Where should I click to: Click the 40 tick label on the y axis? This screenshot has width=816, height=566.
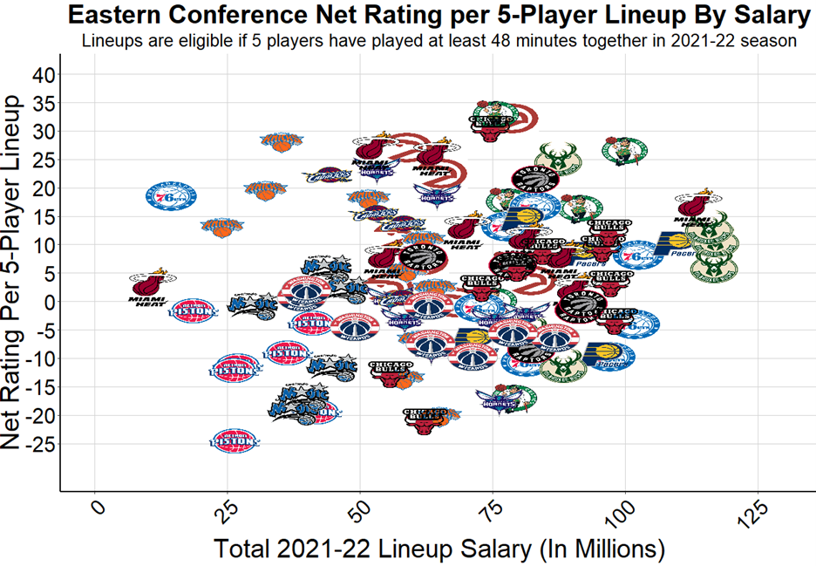(x=44, y=75)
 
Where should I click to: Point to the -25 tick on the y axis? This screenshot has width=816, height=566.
(x=38, y=444)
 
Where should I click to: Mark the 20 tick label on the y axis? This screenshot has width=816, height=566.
(x=44, y=188)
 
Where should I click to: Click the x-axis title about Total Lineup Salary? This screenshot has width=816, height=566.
(x=439, y=549)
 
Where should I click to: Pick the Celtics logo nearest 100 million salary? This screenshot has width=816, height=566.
(x=624, y=151)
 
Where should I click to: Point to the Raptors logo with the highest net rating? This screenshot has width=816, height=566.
(x=534, y=179)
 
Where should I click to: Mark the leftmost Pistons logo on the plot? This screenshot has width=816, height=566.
(x=192, y=309)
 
